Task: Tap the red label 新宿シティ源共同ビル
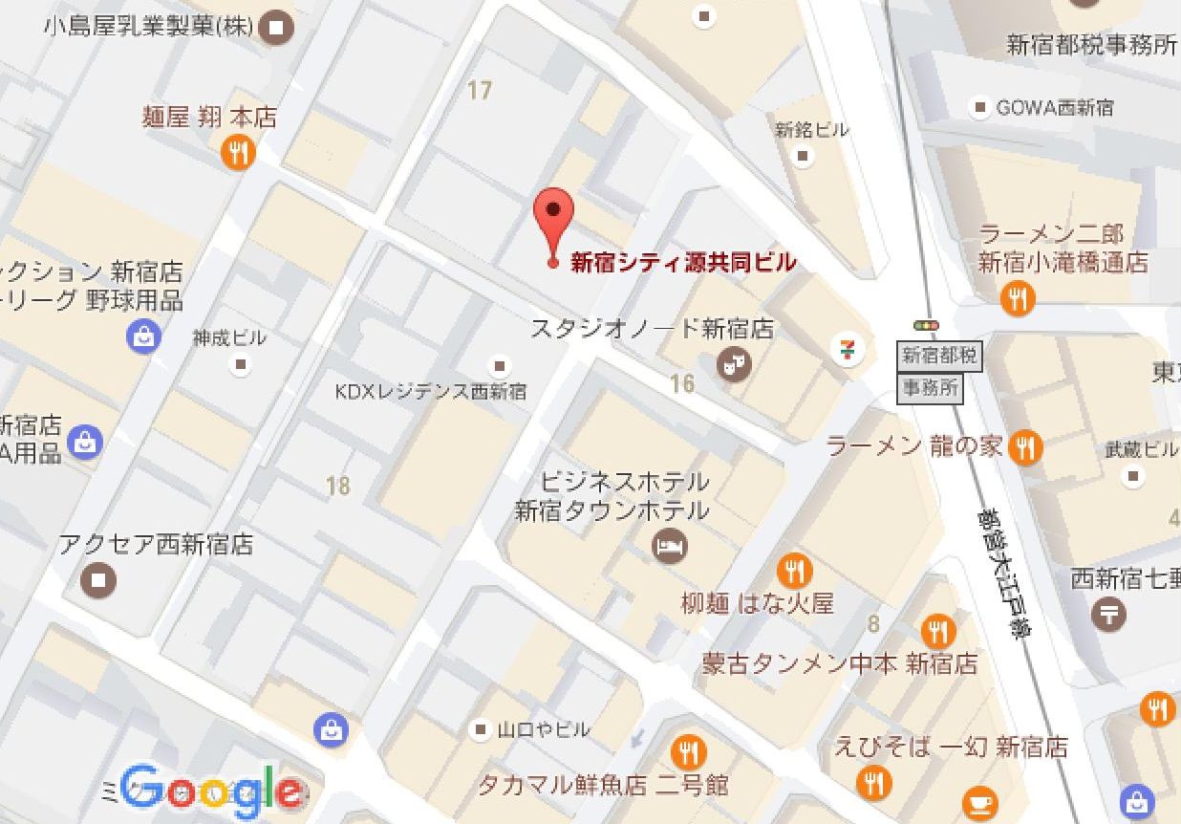click(682, 262)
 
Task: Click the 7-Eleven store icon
click(847, 349)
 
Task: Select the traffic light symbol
click(925, 326)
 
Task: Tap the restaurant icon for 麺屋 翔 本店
click(238, 152)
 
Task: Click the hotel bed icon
click(670, 547)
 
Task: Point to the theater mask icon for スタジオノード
click(735, 363)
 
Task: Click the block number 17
click(479, 91)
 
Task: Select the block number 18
click(337, 486)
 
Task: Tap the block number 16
click(681, 383)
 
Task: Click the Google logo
click(212, 791)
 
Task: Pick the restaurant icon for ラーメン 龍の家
click(1025, 446)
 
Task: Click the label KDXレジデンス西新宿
click(430, 391)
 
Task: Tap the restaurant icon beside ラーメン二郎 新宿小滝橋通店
click(1018, 299)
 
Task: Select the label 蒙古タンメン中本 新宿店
click(840, 663)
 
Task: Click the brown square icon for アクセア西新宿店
click(99, 579)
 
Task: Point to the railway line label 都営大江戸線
click(1000, 574)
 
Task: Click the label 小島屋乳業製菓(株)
click(148, 27)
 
